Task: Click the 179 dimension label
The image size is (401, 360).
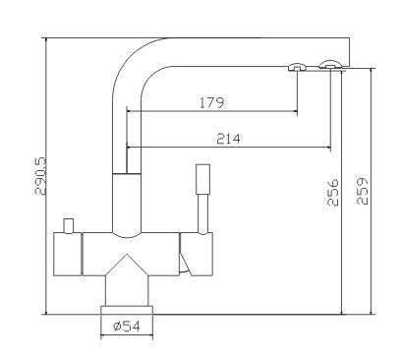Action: [x=212, y=102]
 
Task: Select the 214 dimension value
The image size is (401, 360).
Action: [x=228, y=139]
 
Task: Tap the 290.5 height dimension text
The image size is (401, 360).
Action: [x=41, y=176]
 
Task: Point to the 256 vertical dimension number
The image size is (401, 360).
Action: [x=333, y=192]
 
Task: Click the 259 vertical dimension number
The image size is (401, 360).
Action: [x=362, y=191]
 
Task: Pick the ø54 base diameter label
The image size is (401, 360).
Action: [x=126, y=326]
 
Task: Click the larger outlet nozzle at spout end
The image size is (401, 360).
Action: [x=331, y=65]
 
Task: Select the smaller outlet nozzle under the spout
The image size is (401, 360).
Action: [x=297, y=67]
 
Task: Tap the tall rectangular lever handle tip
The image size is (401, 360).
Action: [x=203, y=179]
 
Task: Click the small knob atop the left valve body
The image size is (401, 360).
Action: [x=69, y=226]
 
